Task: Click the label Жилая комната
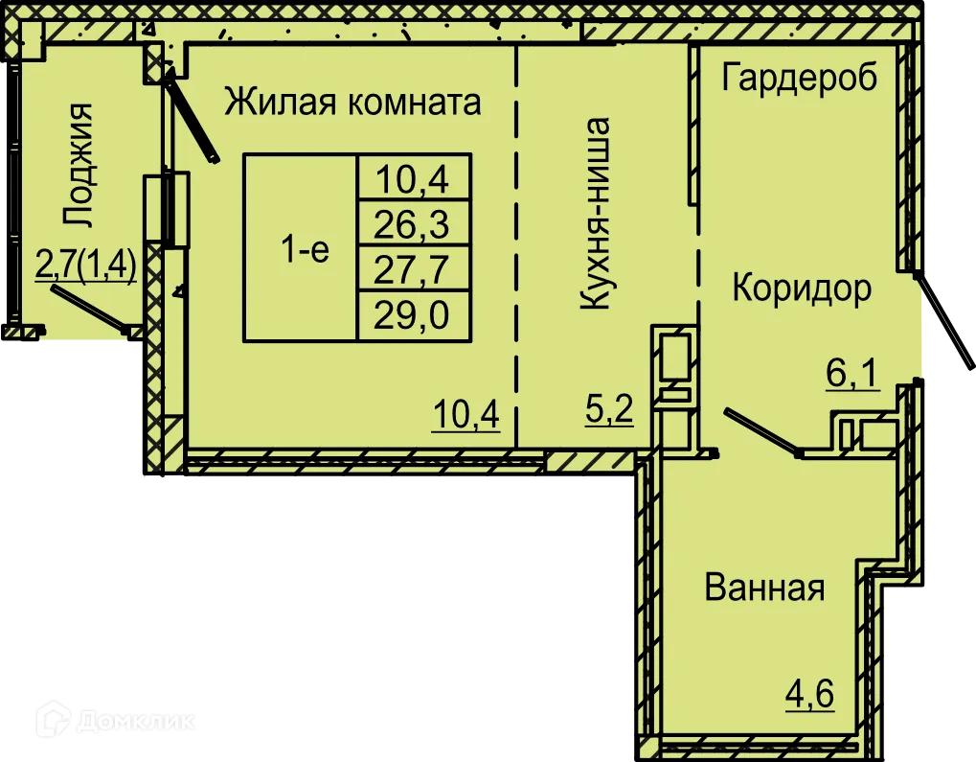coord(352,102)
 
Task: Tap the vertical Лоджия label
coord(78,165)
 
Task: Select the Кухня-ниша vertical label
coord(596,214)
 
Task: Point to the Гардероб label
coord(799,78)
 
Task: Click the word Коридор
coord(802,288)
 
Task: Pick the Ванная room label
coord(764,587)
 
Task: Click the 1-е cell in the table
coord(304,250)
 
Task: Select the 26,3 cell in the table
coord(413,225)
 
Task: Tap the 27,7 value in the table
coord(413,268)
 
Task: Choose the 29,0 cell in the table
coord(413,313)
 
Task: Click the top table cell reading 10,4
coord(413,178)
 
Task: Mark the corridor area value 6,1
coord(851,373)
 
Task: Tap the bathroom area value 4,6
coord(810,693)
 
